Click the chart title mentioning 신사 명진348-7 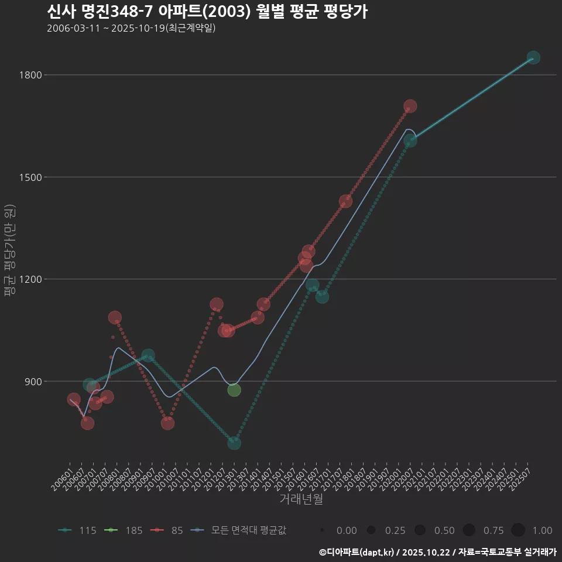pos(207,12)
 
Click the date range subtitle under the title pos(131,28)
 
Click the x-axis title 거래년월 pos(301,499)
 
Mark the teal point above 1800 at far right pos(533,57)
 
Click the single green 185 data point pos(234,390)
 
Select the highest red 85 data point pos(410,106)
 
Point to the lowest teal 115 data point pos(234,443)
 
